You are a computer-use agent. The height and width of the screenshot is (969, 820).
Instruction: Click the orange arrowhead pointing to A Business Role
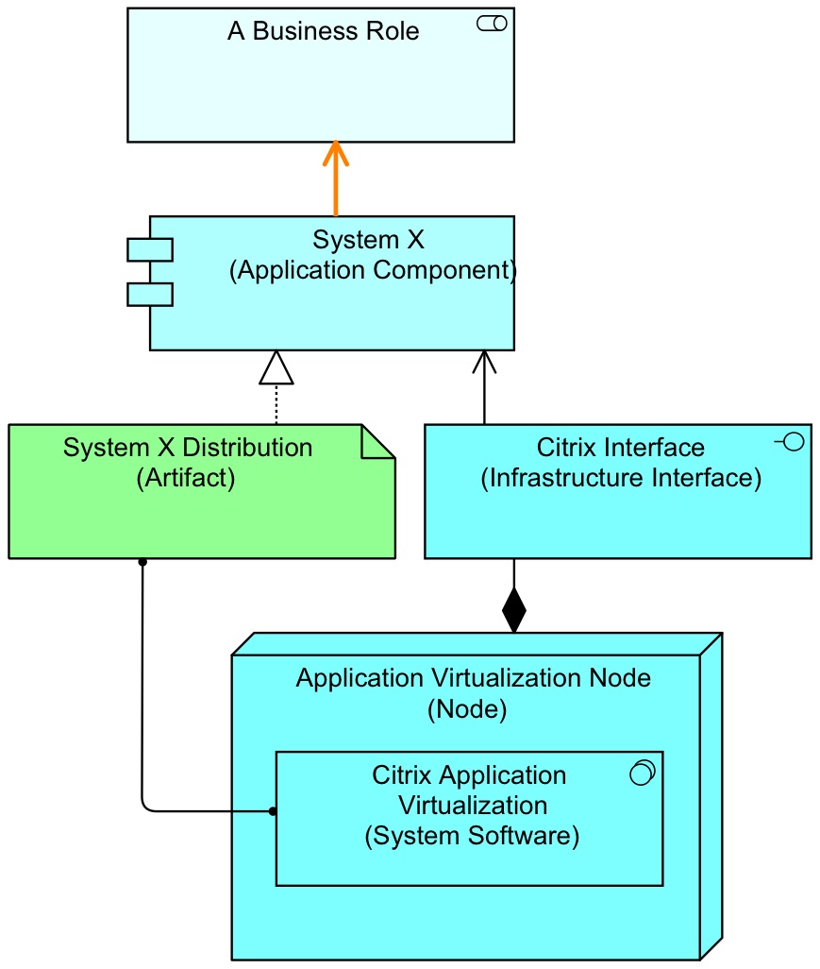335,153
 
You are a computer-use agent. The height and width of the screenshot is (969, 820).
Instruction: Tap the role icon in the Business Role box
492,25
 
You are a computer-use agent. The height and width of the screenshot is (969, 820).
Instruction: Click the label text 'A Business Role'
323,31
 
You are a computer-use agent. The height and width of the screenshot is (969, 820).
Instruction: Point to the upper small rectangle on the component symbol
150,250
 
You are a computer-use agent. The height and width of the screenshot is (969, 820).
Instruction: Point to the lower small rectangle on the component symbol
150,294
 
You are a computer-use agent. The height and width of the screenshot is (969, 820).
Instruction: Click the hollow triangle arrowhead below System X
276,368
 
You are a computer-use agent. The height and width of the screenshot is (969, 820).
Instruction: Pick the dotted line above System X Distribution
276,404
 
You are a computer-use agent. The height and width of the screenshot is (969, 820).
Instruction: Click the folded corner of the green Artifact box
378,442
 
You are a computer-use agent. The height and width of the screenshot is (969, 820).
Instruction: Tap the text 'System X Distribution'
188,447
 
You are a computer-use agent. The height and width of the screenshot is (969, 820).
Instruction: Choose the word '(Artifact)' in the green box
185,478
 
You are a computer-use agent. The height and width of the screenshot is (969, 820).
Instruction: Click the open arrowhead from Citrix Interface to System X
484,361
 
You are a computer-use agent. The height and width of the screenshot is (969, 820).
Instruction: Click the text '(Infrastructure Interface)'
621,478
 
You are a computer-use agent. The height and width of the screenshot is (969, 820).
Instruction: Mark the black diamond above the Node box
513,610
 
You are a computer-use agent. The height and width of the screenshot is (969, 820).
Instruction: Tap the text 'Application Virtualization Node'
473,678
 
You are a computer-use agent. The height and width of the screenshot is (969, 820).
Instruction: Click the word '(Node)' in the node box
467,709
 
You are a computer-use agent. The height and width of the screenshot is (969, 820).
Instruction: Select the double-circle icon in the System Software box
642,773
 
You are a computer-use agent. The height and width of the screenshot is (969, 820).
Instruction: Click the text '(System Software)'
471,836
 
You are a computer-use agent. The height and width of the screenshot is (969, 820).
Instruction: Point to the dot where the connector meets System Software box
272,811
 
